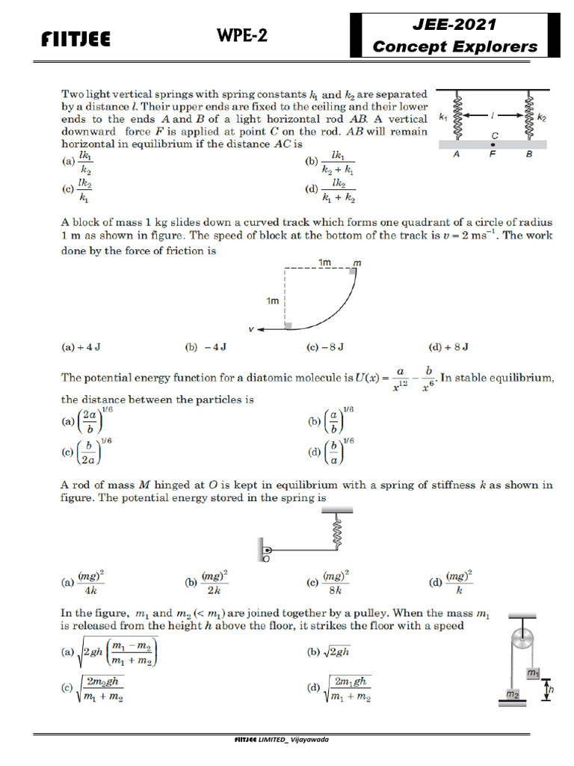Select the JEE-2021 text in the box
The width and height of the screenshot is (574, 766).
[x=460, y=24]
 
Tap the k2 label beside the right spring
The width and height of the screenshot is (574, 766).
[x=542, y=117]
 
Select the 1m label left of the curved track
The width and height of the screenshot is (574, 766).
[x=272, y=301]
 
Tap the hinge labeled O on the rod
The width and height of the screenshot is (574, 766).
[x=265, y=554]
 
